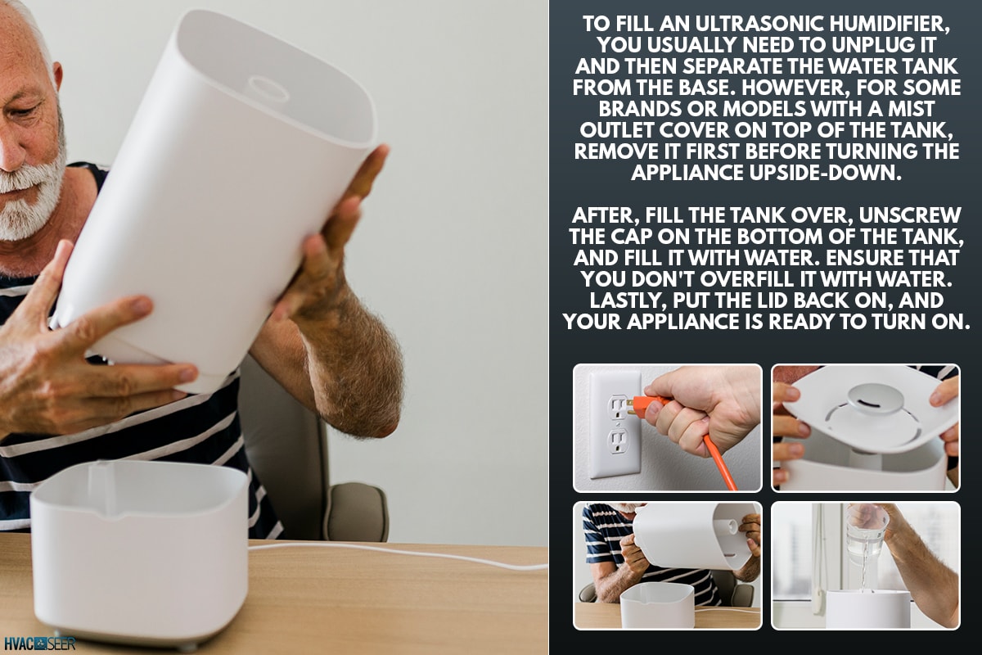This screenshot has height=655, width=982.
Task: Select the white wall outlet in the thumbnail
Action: click(614, 423)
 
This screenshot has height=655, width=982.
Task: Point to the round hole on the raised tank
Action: click(268, 88)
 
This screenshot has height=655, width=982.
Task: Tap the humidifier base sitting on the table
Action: click(139, 549)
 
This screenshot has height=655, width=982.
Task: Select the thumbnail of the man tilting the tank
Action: click(667, 565)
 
